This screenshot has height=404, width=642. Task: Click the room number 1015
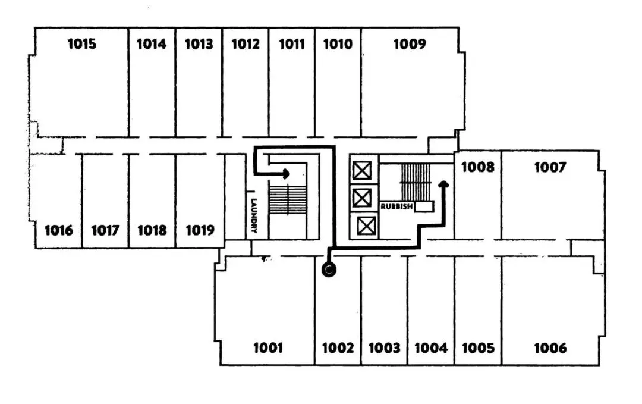81,44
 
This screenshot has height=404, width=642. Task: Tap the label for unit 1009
410,44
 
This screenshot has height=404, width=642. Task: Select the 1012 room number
245,44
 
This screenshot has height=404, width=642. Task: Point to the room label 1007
549,167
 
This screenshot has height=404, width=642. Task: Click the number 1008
477,167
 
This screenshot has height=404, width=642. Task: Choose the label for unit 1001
267,348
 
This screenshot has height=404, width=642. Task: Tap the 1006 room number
550,348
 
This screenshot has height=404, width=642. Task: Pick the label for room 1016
58,230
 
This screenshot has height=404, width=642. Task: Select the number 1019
200,230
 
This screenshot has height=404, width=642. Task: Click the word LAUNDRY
253,215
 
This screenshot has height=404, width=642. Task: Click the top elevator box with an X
361,171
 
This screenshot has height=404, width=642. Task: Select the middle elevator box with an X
361,196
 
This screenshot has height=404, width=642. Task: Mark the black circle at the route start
329,271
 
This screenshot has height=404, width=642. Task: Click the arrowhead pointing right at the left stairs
286,174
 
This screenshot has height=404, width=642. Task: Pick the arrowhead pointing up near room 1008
442,184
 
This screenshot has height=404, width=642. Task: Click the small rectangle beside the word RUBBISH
424,206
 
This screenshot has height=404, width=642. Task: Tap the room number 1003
384,348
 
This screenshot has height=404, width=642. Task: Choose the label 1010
338,44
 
